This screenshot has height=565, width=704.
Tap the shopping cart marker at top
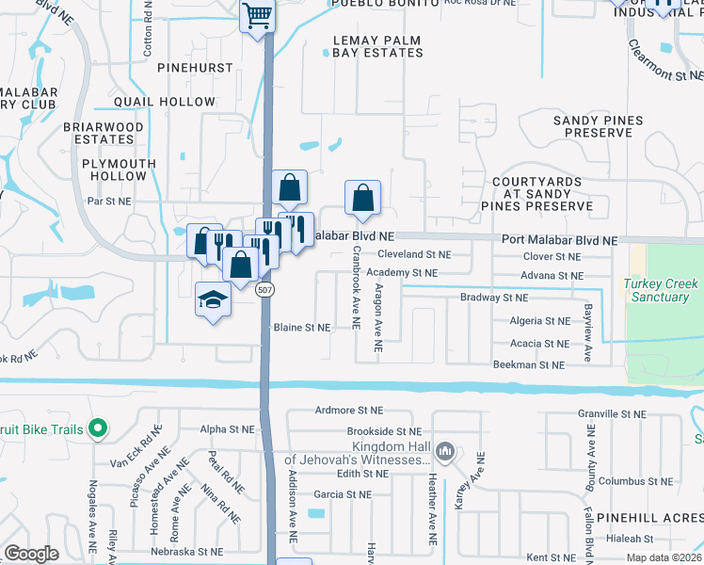click(257, 16)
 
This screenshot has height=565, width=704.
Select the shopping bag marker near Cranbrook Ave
click(362, 199)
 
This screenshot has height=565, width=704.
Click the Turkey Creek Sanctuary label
click(661, 290)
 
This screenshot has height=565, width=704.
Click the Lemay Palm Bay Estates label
click(378, 47)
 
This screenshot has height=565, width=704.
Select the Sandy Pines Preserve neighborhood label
click(598, 127)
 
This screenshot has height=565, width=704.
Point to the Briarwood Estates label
click(104, 133)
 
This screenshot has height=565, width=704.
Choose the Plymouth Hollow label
click(119, 169)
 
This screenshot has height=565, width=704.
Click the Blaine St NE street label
click(302, 328)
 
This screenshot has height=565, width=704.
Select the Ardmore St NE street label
click(349, 411)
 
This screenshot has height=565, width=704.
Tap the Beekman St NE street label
click(529, 364)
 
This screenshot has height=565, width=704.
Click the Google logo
click(32, 554)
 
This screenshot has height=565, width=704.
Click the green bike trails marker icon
click(96, 429)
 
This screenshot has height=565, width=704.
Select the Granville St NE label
click(616, 413)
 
